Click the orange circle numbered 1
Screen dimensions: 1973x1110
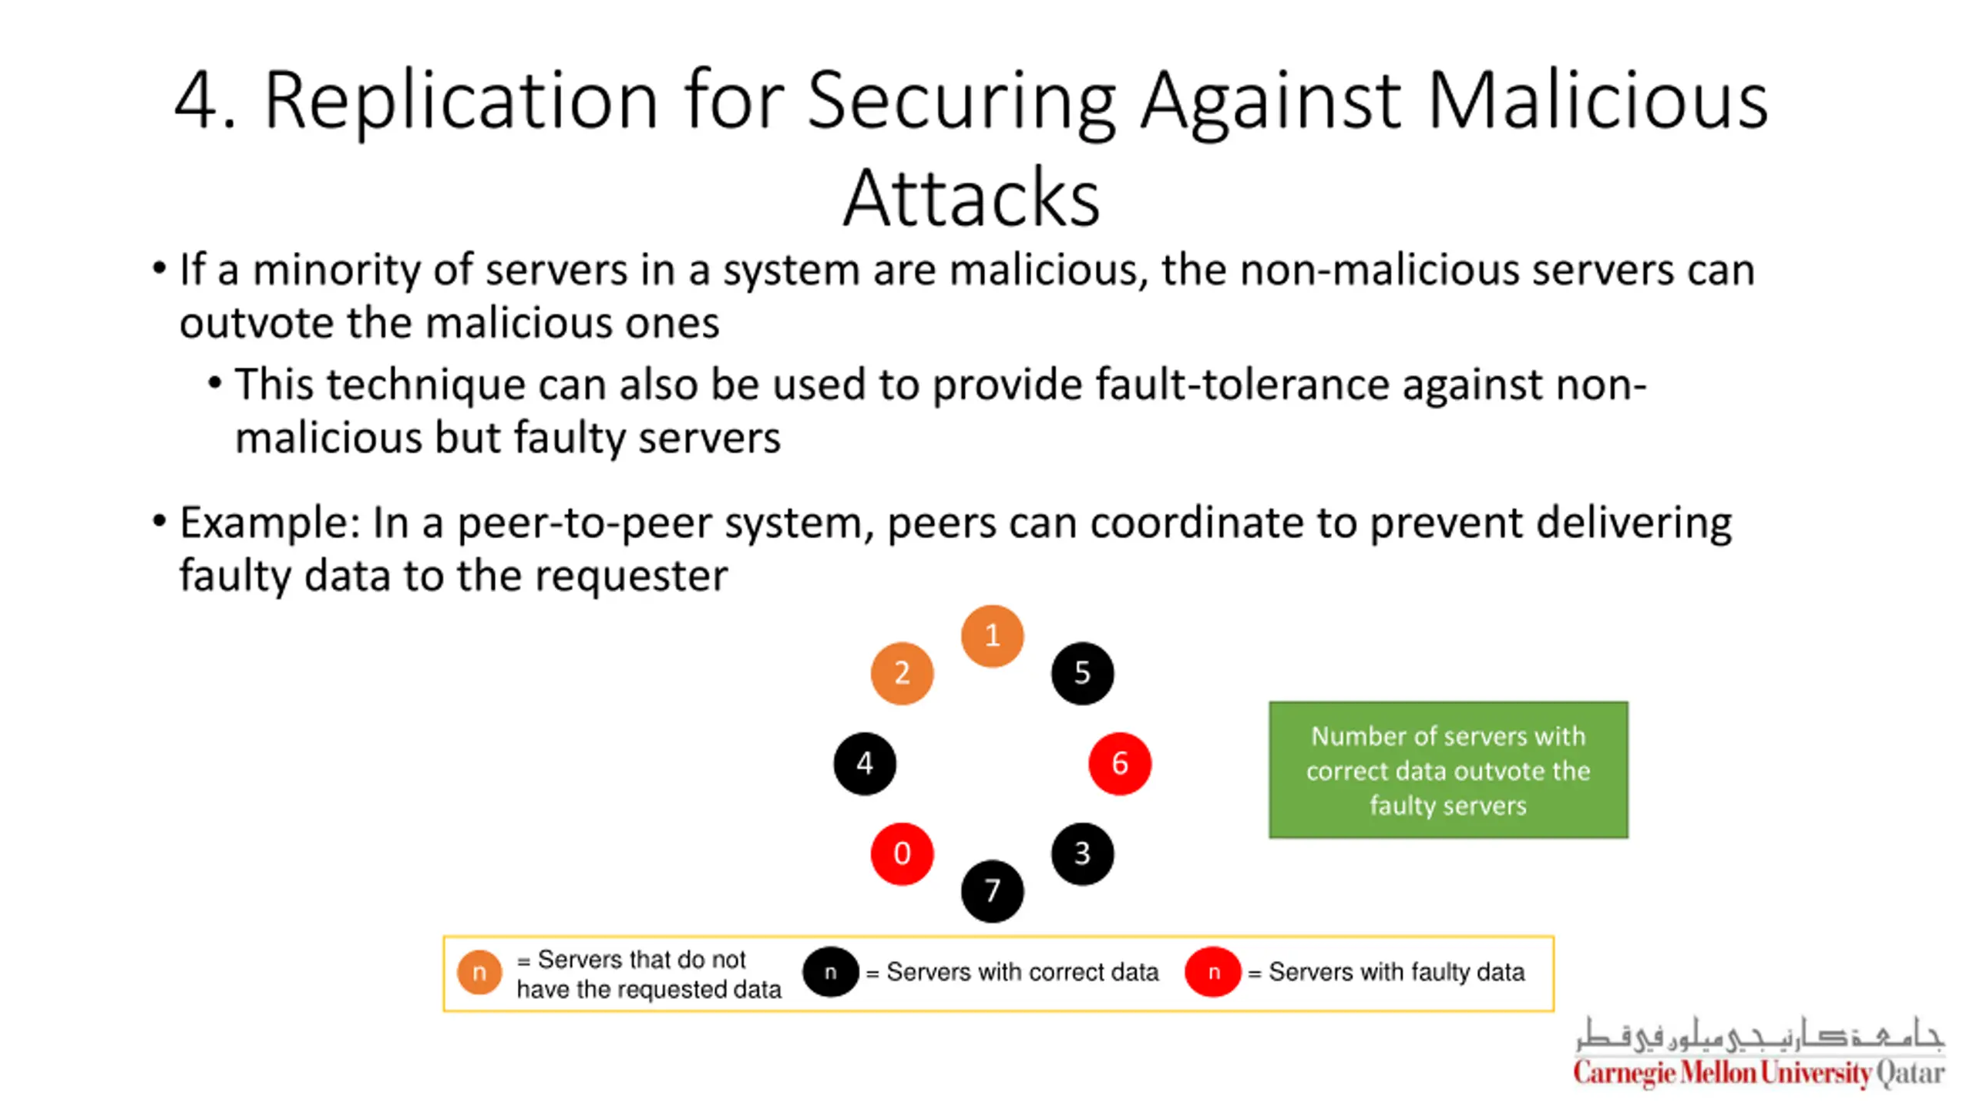(x=992, y=636)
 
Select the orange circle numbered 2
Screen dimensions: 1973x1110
(x=902, y=673)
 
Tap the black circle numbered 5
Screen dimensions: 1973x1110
(x=1082, y=673)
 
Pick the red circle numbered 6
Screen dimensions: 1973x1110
(x=1120, y=763)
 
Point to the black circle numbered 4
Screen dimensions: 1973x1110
(x=865, y=763)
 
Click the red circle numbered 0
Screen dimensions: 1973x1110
(x=902, y=853)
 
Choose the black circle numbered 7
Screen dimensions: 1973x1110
(x=992, y=891)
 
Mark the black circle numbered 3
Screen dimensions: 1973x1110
(x=1082, y=853)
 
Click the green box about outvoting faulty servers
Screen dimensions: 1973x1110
(x=1448, y=769)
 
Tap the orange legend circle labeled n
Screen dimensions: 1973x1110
(x=479, y=972)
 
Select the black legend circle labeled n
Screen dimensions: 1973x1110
(x=830, y=972)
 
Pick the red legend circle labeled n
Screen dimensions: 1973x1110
(x=1213, y=972)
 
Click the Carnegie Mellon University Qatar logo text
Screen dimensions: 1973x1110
(x=1759, y=1072)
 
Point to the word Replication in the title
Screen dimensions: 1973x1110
(x=461, y=100)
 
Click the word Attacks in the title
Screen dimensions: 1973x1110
(x=971, y=198)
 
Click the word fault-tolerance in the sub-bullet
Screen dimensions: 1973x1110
(x=1242, y=385)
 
